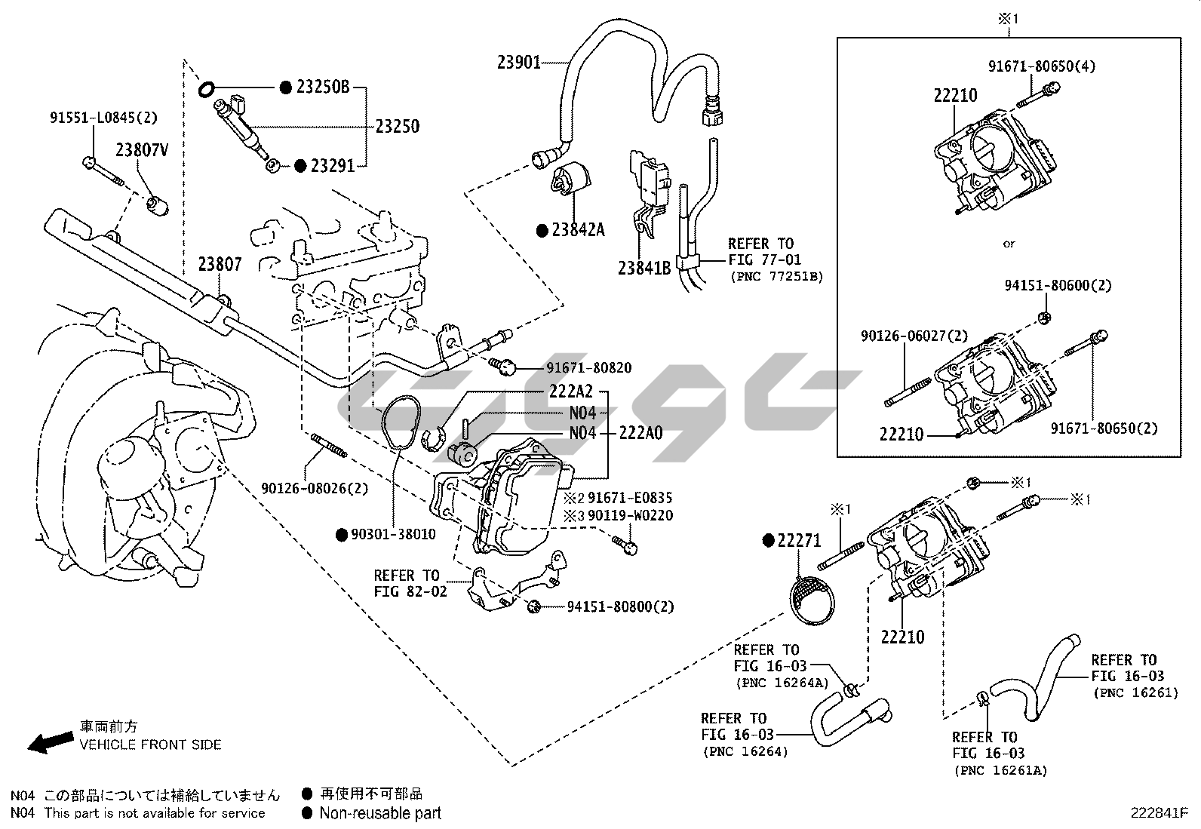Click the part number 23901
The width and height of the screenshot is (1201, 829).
(519, 62)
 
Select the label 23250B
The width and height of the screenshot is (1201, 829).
(322, 88)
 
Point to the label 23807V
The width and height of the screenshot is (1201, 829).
(141, 150)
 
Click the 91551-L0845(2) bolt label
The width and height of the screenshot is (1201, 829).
(104, 118)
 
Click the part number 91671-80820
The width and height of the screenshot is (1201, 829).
(589, 368)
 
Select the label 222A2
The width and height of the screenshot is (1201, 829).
(570, 391)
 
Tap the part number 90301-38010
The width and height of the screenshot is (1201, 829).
(393, 534)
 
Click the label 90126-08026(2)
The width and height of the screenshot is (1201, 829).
(315, 488)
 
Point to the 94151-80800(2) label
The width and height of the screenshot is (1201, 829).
(620, 606)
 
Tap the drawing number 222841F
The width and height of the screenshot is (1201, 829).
(1159, 813)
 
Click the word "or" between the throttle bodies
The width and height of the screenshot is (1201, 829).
(1009, 244)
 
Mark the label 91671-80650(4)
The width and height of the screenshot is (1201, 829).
(1042, 66)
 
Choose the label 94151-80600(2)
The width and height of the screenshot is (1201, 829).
(1058, 286)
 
